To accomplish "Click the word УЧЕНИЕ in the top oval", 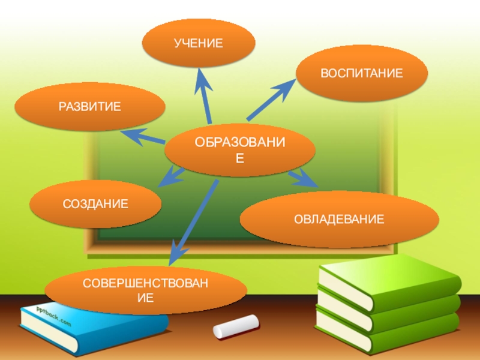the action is [198, 43].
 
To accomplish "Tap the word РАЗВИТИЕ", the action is [89, 107].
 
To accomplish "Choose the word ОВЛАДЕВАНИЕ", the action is [339, 219].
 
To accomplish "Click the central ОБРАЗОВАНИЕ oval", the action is [239, 150].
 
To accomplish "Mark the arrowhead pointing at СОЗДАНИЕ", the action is [172, 178].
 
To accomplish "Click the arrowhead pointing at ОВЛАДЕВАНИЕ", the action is [304, 178].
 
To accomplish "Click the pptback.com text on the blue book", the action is [53, 317].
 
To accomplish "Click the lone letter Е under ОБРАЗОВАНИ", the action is [239, 158].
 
